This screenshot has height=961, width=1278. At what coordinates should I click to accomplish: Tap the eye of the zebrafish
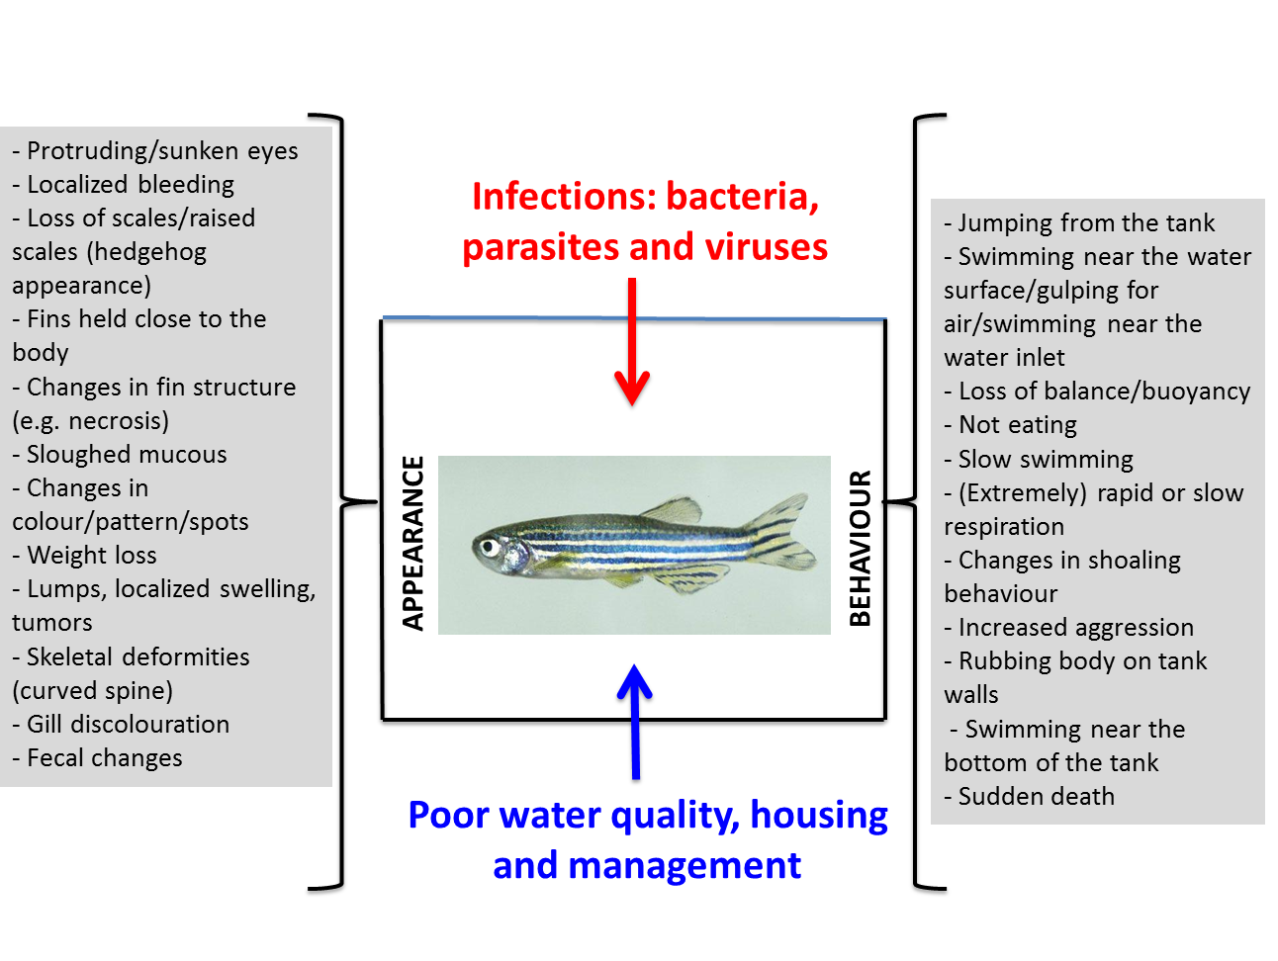click(487, 547)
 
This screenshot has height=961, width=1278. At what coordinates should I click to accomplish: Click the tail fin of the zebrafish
click(782, 533)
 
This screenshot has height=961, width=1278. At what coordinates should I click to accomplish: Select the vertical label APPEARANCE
click(413, 543)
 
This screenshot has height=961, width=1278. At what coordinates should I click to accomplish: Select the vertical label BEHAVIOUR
click(861, 548)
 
